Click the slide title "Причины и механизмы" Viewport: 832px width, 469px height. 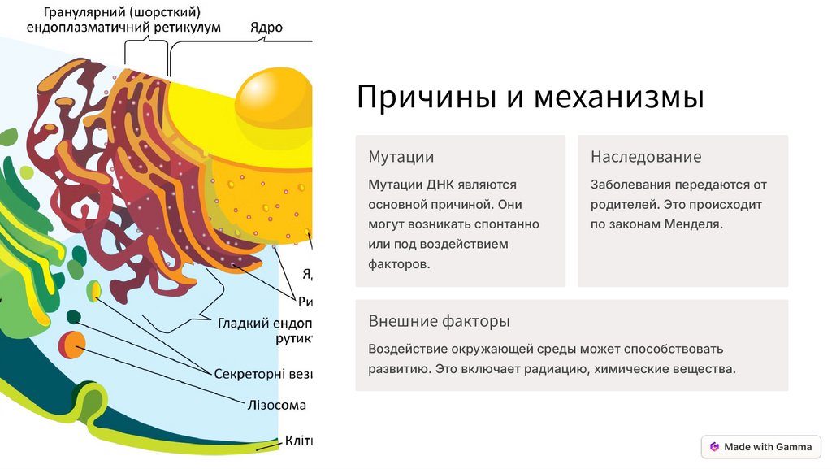pyautogui.click(x=531, y=98)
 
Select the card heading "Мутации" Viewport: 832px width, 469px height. pyautogui.click(x=401, y=157)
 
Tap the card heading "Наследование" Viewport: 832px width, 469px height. pyautogui.click(x=646, y=157)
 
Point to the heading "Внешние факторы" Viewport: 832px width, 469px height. pyautogui.click(x=439, y=321)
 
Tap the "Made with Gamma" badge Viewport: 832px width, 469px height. pyautogui.click(x=761, y=446)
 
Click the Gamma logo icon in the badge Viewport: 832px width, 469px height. pyautogui.click(x=714, y=446)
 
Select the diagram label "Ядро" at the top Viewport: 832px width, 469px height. pyautogui.click(x=266, y=28)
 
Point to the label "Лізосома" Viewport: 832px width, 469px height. pyautogui.click(x=277, y=405)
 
